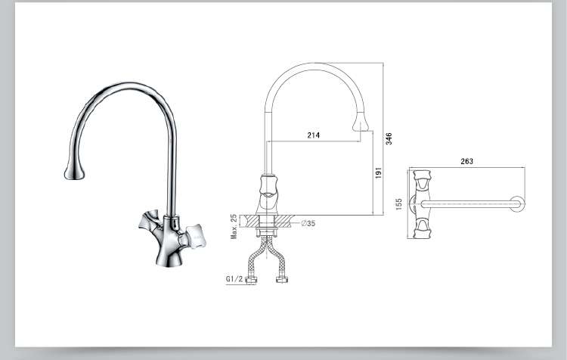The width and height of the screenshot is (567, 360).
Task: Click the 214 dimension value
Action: tap(314, 135)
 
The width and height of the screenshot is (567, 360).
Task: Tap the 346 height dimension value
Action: tap(389, 138)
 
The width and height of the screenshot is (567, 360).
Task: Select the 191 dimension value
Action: tap(378, 172)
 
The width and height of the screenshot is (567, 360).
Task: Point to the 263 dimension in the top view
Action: tap(467, 161)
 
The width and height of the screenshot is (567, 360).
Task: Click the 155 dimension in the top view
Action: tap(399, 204)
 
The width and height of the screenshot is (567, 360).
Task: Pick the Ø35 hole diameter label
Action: tap(308, 223)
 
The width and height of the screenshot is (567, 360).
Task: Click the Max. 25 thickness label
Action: tap(234, 226)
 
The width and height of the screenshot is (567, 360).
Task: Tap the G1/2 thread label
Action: tap(234, 278)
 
